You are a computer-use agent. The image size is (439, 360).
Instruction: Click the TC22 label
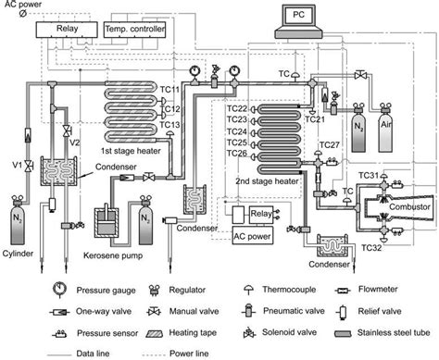click(x=238, y=109)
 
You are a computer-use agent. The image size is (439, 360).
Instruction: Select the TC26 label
click(x=238, y=154)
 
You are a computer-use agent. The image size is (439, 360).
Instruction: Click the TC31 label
click(x=371, y=176)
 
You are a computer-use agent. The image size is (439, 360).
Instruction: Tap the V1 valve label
click(x=15, y=167)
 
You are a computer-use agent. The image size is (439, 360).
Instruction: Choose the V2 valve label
click(x=78, y=142)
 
